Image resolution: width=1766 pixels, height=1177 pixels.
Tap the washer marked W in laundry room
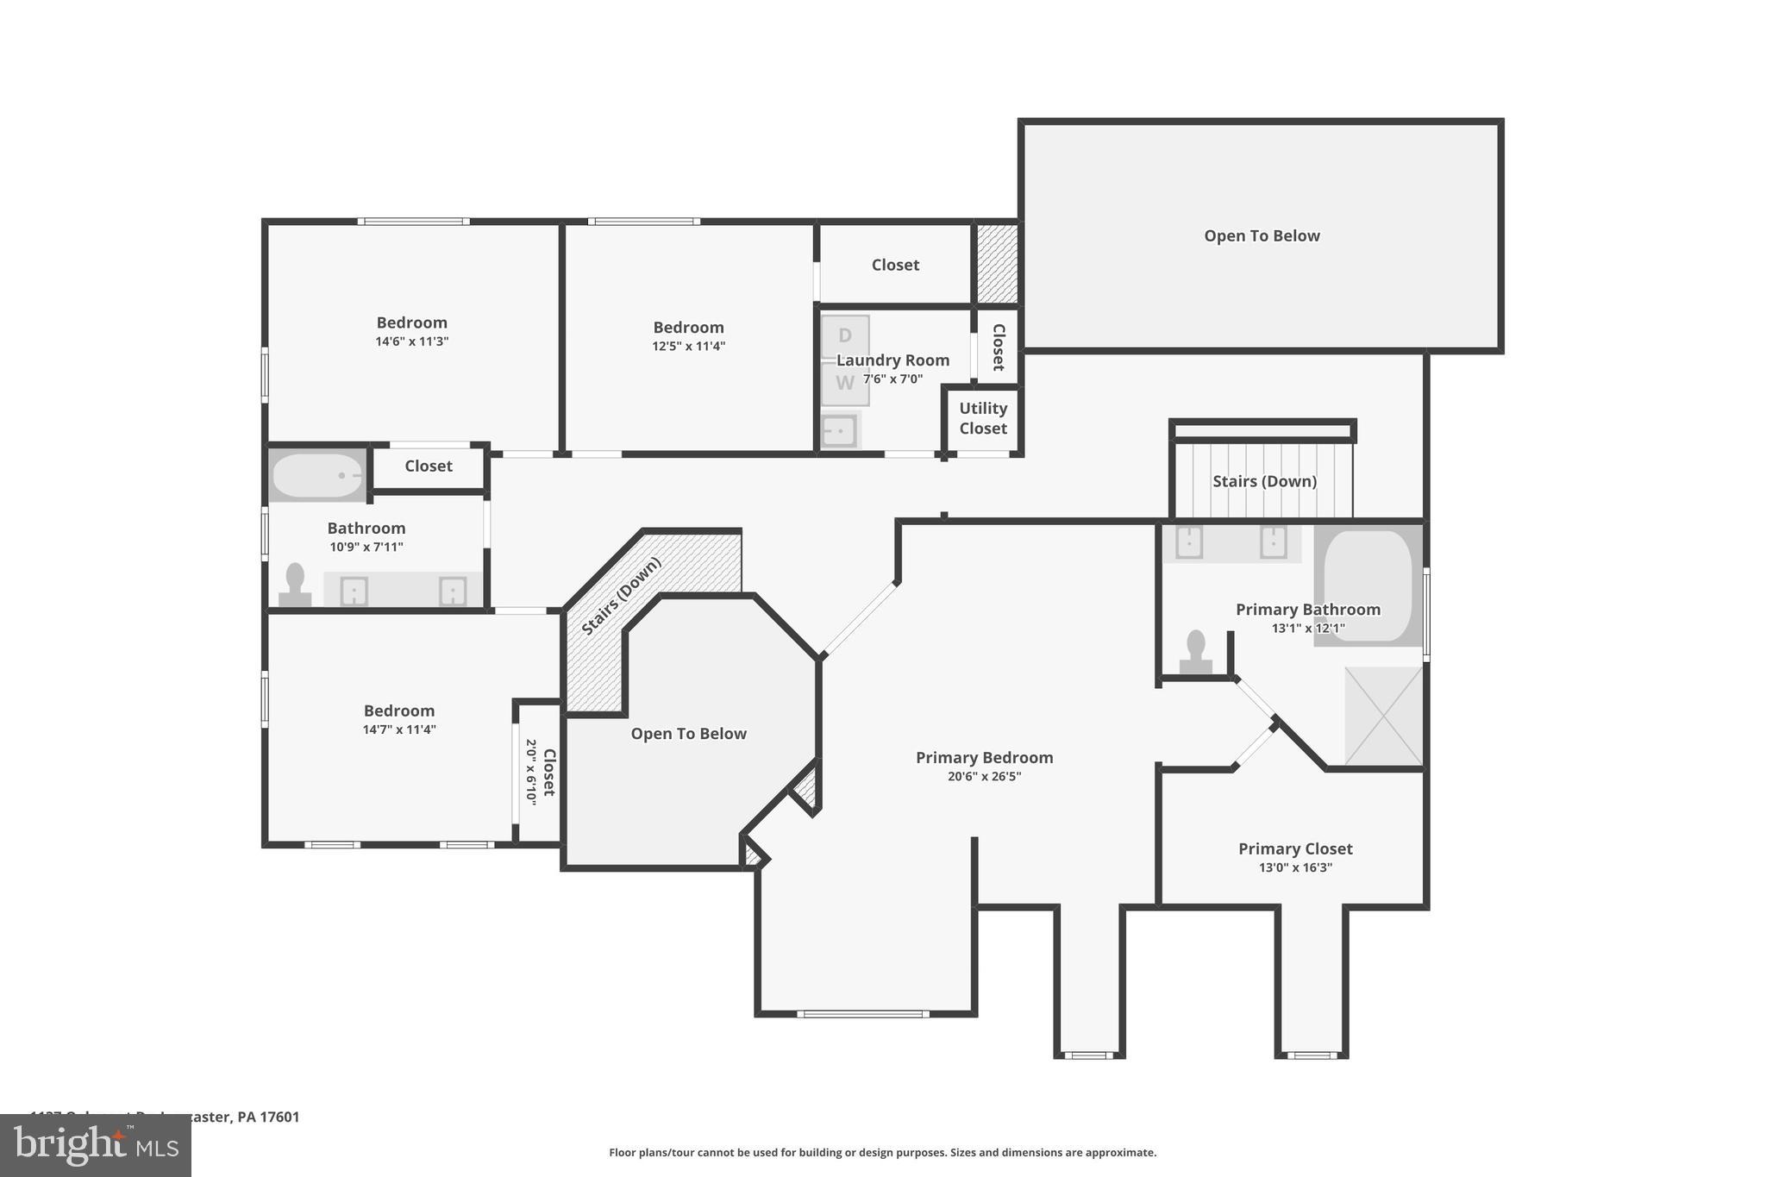click(x=844, y=384)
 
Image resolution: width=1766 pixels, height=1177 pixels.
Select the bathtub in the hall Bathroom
click(x=316, y=475)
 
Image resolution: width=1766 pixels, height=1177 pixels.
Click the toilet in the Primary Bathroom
click(x=1195, y=653)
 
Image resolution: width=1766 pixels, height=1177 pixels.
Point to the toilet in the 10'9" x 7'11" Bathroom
click(x=295, y=585)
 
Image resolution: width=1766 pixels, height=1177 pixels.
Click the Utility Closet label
click(x=983, y=418)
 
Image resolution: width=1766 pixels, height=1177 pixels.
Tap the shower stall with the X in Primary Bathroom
click(x=1383, y=716)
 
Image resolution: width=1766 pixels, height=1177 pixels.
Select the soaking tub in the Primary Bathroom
click(x=1368, y=586)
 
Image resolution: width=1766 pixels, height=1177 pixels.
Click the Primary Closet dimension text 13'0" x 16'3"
click(x=1295, y=867)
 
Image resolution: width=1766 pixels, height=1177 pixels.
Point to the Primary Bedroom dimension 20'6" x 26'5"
click(x=984, y=776)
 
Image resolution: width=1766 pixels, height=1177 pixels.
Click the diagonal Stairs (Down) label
click(x=621, y=596)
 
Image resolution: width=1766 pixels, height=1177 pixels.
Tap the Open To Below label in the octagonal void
click(x=688, y=734)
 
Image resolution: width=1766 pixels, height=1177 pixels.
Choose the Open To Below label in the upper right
click(x=1262, y=236)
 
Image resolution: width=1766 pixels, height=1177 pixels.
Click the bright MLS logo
click(x=96, y=1146)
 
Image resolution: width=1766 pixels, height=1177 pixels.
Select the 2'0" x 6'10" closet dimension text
click(x=531, y=772)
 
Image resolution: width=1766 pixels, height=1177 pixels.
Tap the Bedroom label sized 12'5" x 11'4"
click(x=688, y=328)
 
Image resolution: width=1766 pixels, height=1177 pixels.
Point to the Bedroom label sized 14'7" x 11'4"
click(x=398, y=711)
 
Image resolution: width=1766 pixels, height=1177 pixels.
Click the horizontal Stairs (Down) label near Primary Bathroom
click(x=1264, y=481)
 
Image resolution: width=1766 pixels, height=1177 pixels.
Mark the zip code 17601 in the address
click(x=279, y=1117)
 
